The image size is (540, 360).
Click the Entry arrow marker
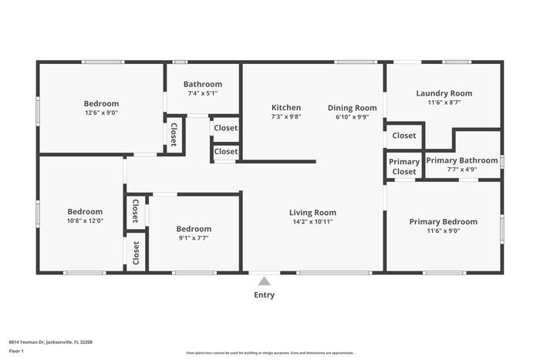[x=264, y=281]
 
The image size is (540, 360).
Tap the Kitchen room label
[x=285, y=108]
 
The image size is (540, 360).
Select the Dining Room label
[x=352, y=108]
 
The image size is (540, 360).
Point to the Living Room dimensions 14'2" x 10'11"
[x=312, y=222]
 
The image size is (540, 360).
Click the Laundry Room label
[x=444, y=93]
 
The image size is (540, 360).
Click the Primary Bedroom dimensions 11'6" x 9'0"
[x=443, y=230]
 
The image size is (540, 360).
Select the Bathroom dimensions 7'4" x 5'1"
[x=203, y=93]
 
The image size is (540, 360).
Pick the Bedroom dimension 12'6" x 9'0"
[x=101, y=113]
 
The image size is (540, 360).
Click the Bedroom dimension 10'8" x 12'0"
[x=84, y=220]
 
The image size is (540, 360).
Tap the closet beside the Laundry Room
[x=404, y=136]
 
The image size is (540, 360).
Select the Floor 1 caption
[x=16, y=351]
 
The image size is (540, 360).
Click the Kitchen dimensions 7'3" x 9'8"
[x=285, y=117]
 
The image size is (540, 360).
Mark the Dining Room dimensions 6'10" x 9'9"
[x=352, y=117]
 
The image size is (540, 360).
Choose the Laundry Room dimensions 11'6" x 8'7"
[x=444, y=103]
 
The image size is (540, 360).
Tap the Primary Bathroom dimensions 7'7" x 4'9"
[x=462, y=169]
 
